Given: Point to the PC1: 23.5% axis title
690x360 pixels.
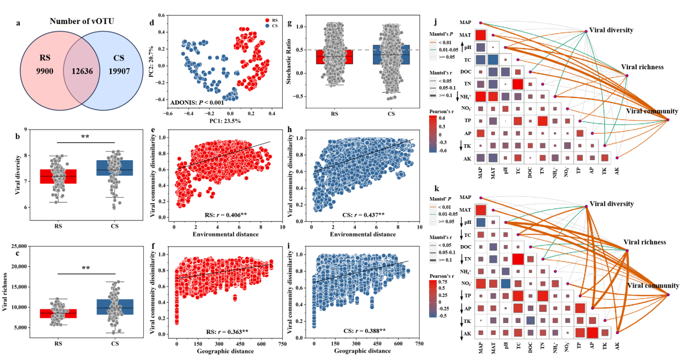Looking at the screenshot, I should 221,121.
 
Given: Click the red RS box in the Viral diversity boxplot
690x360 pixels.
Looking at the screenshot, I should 58,176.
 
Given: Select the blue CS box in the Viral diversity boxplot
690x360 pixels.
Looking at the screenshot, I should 114,168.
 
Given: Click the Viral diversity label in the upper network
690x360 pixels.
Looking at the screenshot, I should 612,30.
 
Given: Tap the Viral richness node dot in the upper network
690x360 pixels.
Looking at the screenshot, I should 627,76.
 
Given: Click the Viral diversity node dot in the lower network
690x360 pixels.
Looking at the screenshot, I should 586,206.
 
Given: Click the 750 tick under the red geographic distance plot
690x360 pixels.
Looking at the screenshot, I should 282,344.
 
